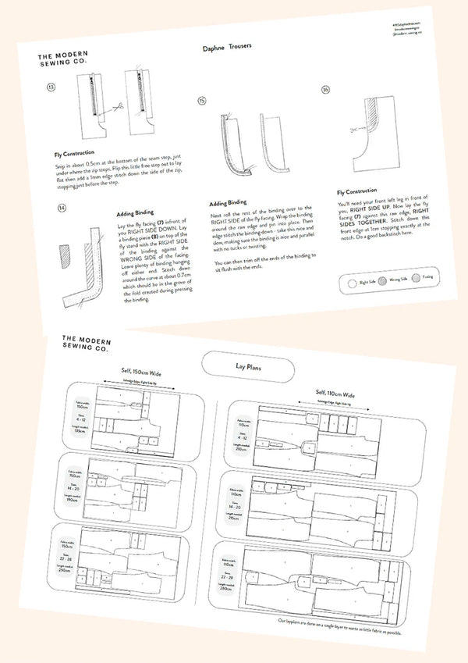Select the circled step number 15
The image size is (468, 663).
[202, 101]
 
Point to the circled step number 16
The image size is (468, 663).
[325, 90]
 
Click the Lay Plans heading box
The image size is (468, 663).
[247, 364]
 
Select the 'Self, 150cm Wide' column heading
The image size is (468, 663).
[131, 370]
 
